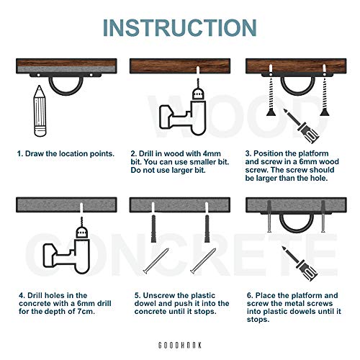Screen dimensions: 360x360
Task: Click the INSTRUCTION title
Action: coord(180,27)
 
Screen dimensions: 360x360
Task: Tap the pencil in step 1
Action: coord(40,111)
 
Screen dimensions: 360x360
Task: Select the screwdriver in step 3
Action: coord(302,126)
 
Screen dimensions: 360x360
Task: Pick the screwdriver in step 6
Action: coord(300,264)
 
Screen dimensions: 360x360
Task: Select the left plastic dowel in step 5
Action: coord(153,228)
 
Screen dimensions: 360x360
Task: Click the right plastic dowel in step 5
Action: coord(207,228)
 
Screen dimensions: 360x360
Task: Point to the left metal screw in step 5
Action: coord(156,261)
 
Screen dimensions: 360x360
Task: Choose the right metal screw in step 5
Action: coord(203,261)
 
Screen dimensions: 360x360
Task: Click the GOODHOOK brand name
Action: coord(180,346)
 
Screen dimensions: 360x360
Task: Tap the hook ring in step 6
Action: coord(297,231)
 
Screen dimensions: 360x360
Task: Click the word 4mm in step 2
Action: coord(212,153)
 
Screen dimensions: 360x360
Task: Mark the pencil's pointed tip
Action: coord(39,86)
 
